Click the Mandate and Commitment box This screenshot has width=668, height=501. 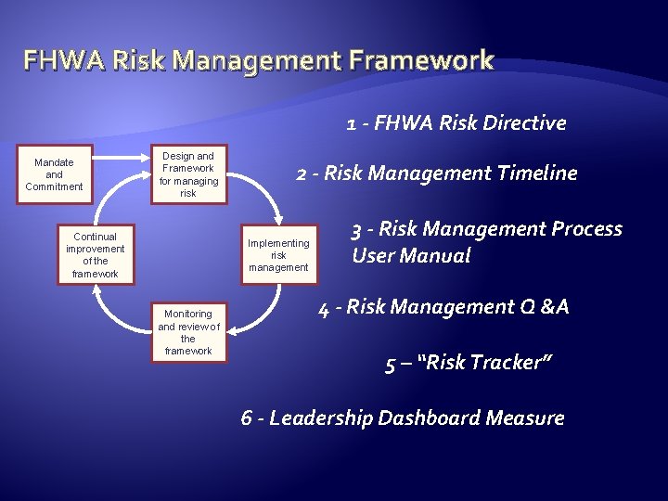(54, 174)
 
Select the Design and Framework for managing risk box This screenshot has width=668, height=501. (188, 174)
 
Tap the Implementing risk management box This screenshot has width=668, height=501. (277, 255)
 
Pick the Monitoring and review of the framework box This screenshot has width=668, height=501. (188, 332)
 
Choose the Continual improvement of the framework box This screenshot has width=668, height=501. (96, 255)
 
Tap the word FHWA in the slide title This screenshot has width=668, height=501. (59, 62)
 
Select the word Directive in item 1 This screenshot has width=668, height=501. (528, 122)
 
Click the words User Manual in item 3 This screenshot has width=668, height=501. (411, 255)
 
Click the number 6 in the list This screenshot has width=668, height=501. (247, 417)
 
